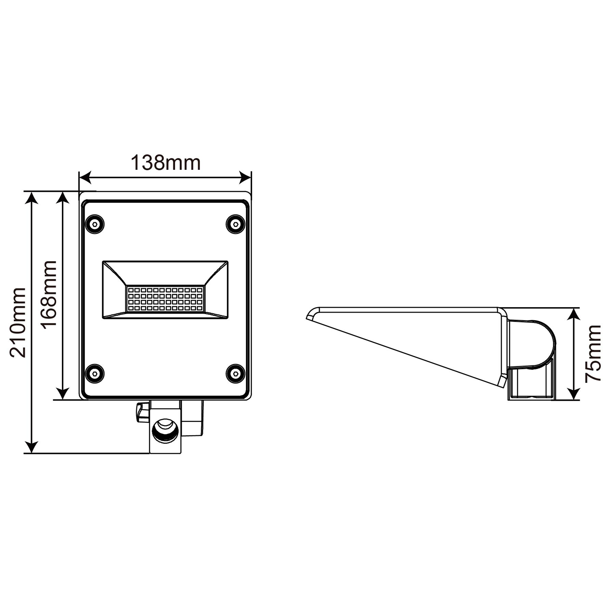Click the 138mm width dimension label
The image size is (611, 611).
click(x=165, y=163)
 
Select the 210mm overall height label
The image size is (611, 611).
click(x=18, y=322)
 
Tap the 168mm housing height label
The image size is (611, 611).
click(x=49, y=294)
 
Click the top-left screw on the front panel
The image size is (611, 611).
click(x=95, y=224)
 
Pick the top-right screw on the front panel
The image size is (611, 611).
click(x=235, y=224)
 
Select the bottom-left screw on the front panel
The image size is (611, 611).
click(x=95, y=373)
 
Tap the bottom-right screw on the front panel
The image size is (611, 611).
click(x=235, y=373)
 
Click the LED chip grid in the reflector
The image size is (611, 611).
click(x=165, y=299)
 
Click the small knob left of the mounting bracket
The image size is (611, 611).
click(x=141, y=412)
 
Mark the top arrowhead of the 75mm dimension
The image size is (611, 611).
click(x=574, y=314)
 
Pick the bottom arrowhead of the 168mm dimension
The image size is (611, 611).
click(x=62, y=394)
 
